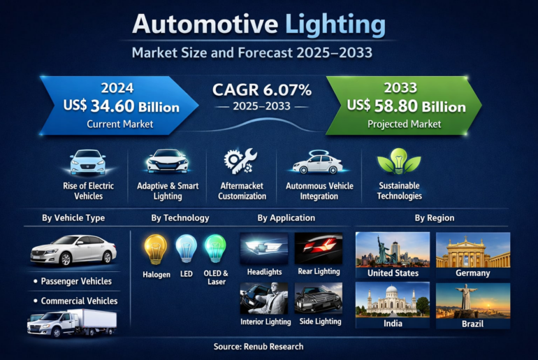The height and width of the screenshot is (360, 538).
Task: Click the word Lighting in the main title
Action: coord(335,25)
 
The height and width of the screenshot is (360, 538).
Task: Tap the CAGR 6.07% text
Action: coord(262,90)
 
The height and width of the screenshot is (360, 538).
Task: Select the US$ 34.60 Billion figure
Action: coord(121,107)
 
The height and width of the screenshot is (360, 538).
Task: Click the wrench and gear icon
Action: coord(240,161)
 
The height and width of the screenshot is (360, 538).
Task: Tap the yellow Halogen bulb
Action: coord(155,250)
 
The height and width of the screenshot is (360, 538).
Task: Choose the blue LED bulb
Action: coord(185,250)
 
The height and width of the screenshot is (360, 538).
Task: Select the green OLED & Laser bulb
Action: coord(215,250)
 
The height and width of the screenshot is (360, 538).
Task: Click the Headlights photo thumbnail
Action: coord(264,248)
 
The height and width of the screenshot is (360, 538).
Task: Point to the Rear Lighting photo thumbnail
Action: coord(319,248)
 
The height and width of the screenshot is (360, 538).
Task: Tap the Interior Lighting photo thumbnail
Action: coord(264,298)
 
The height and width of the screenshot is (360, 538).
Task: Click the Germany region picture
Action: coord(473,250)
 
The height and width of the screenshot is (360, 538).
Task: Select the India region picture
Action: coord(392,300)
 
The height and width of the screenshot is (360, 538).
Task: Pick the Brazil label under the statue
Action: coord(473,324)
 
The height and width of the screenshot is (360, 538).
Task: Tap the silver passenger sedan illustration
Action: coord(73,250)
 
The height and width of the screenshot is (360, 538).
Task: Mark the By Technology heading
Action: coord(180,218)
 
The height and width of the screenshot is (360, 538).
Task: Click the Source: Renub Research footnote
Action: coord(268,346)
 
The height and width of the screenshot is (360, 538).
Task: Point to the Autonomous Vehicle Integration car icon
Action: coord(319,163)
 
